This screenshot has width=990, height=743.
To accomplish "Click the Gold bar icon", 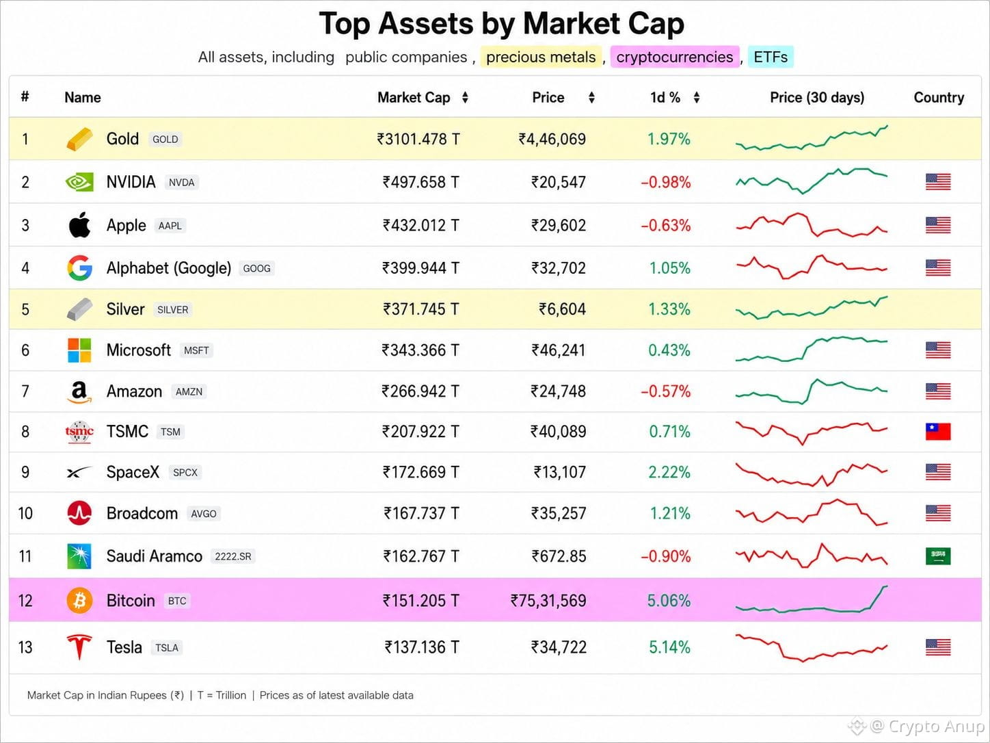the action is tap(80, 139).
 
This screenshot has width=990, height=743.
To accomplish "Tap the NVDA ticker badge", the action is tap(182, 182).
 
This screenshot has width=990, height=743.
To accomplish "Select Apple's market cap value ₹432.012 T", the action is tap(420, 225).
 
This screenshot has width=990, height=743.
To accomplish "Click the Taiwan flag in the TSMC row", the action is tap(938, 432).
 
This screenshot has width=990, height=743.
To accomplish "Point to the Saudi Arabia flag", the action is tap(938, 556).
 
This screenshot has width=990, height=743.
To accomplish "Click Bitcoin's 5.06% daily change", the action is tap(669, 601).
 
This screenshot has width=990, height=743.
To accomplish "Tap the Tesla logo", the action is tap(79, 647).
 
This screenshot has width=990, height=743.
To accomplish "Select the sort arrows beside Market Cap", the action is tap(465, 97).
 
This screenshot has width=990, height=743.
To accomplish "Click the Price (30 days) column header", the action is tap(817, 97).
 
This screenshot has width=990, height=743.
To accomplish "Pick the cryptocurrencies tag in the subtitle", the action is tap(675, 57).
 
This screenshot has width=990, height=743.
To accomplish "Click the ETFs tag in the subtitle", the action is tap(771, 57).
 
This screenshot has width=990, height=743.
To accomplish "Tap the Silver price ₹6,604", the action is tap(563, 309).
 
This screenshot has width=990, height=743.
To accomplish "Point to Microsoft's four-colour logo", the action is tap(79, 350).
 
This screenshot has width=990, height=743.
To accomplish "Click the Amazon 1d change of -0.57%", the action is tap(666, 391).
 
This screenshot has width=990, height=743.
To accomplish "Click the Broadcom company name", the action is tap(142, 513).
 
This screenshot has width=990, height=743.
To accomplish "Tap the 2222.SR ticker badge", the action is tap(232, 557).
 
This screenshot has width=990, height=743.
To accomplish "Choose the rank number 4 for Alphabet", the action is tap(25, 268).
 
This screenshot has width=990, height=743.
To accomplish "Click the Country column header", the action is tap(939, 97).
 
